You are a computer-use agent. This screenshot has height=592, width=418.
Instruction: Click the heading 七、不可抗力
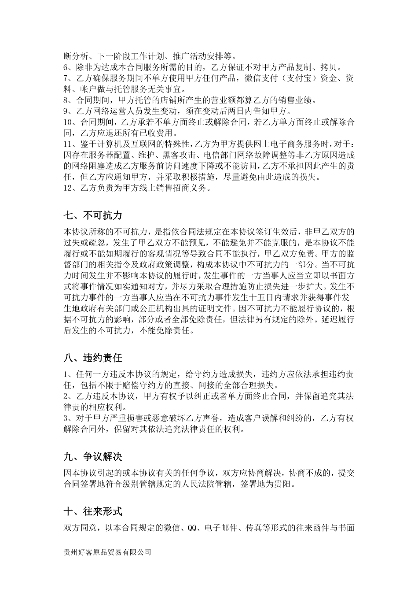(x=93, y=215)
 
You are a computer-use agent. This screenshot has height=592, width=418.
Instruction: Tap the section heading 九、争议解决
(x=93, y=457)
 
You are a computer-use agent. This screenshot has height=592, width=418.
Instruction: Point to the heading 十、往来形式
(x=93, y=511)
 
